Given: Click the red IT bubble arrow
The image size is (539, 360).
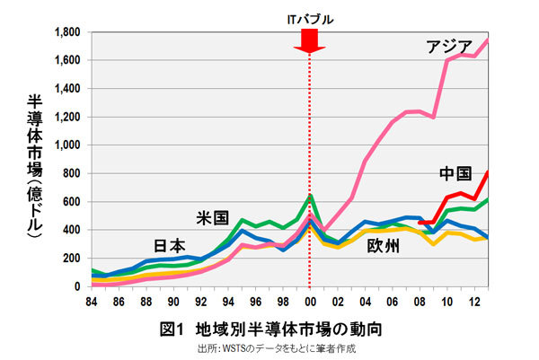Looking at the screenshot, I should pyautogui.click(x=309, y=40).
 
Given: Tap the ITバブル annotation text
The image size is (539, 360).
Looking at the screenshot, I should pyautogui.click(x=309, y=15).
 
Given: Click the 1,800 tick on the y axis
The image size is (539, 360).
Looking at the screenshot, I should pyautogui.click(x=69, y=32).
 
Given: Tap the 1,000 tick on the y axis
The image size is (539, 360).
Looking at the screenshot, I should pyautogui.click(x=69, y=145).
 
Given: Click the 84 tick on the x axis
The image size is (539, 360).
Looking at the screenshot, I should pyautogui.click(x=92, y=301).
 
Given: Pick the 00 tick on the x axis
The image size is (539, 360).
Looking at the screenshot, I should pyautogui.click(x=309, y=301).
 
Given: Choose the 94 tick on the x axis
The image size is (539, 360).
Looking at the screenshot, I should pyautogui.click(x=228, y=301).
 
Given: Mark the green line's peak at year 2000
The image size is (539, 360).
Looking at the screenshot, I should pyautogui.click(x=309, y=195).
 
